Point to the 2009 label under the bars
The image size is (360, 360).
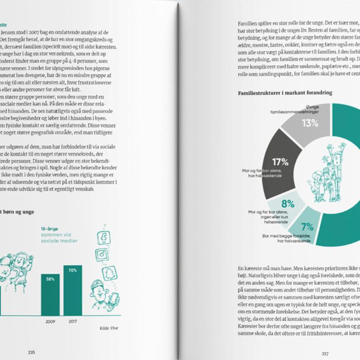(50, 322)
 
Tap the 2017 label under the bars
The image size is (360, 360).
(72, 322)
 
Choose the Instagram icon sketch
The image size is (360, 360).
(103, 254)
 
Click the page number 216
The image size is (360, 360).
(31, 352)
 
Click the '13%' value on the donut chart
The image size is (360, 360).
(310, 123)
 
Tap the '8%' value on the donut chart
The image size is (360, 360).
(288, 203)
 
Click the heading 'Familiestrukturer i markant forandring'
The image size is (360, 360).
(285, 93)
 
